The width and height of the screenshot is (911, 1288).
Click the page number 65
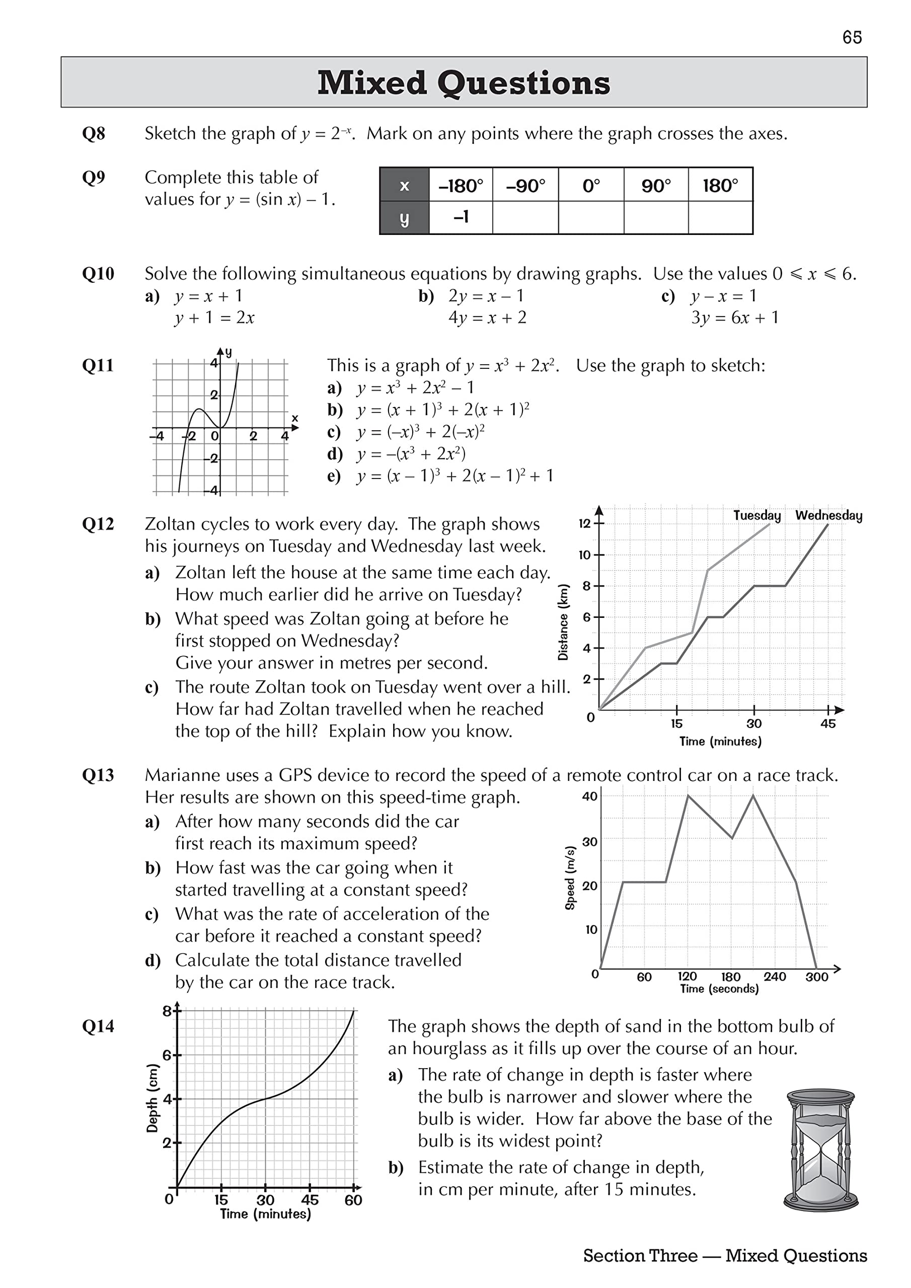[852, 38]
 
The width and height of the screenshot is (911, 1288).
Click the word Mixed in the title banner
[371, 83]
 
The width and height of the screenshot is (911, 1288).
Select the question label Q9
[93, 178]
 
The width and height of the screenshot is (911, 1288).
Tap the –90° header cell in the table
[525, 185]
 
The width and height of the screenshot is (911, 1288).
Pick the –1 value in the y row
[461, 216]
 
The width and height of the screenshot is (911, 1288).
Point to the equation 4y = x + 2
[487, 318]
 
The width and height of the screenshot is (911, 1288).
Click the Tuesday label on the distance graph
[756, 515]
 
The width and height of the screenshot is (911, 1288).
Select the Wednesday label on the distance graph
[828, 515]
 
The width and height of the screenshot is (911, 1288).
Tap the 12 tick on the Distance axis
[585, 523]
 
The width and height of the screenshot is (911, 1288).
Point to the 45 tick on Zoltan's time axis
[828, 723]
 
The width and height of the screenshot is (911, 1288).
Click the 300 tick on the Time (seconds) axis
[817, 977]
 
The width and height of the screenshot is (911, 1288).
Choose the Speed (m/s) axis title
[570, 877]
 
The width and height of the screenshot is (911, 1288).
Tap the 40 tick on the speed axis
[589, 796]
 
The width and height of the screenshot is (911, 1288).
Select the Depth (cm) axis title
[152, 1098]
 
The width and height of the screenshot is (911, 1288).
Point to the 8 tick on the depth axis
[167, 1011]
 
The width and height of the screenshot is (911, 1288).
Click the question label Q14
[98, 1026]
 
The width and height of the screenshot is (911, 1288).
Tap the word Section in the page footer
[639, 1255]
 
